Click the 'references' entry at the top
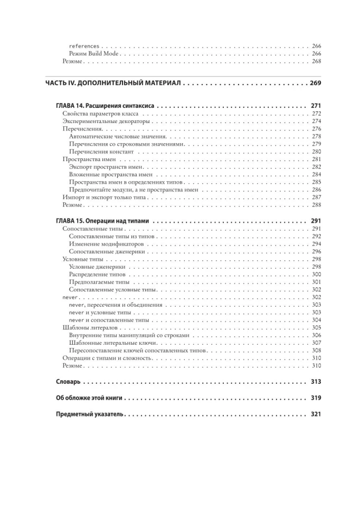click(x=84, y=46)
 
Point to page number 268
click(x=316, y=62)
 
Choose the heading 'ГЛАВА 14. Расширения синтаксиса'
click(x=105, y=106)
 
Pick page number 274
click(x=316, y=121)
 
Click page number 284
click(x=316, y=174)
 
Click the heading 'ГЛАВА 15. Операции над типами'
click(x=102, y=221)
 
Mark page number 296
click(x=316, y=252)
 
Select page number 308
click(x=316, y=350)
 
